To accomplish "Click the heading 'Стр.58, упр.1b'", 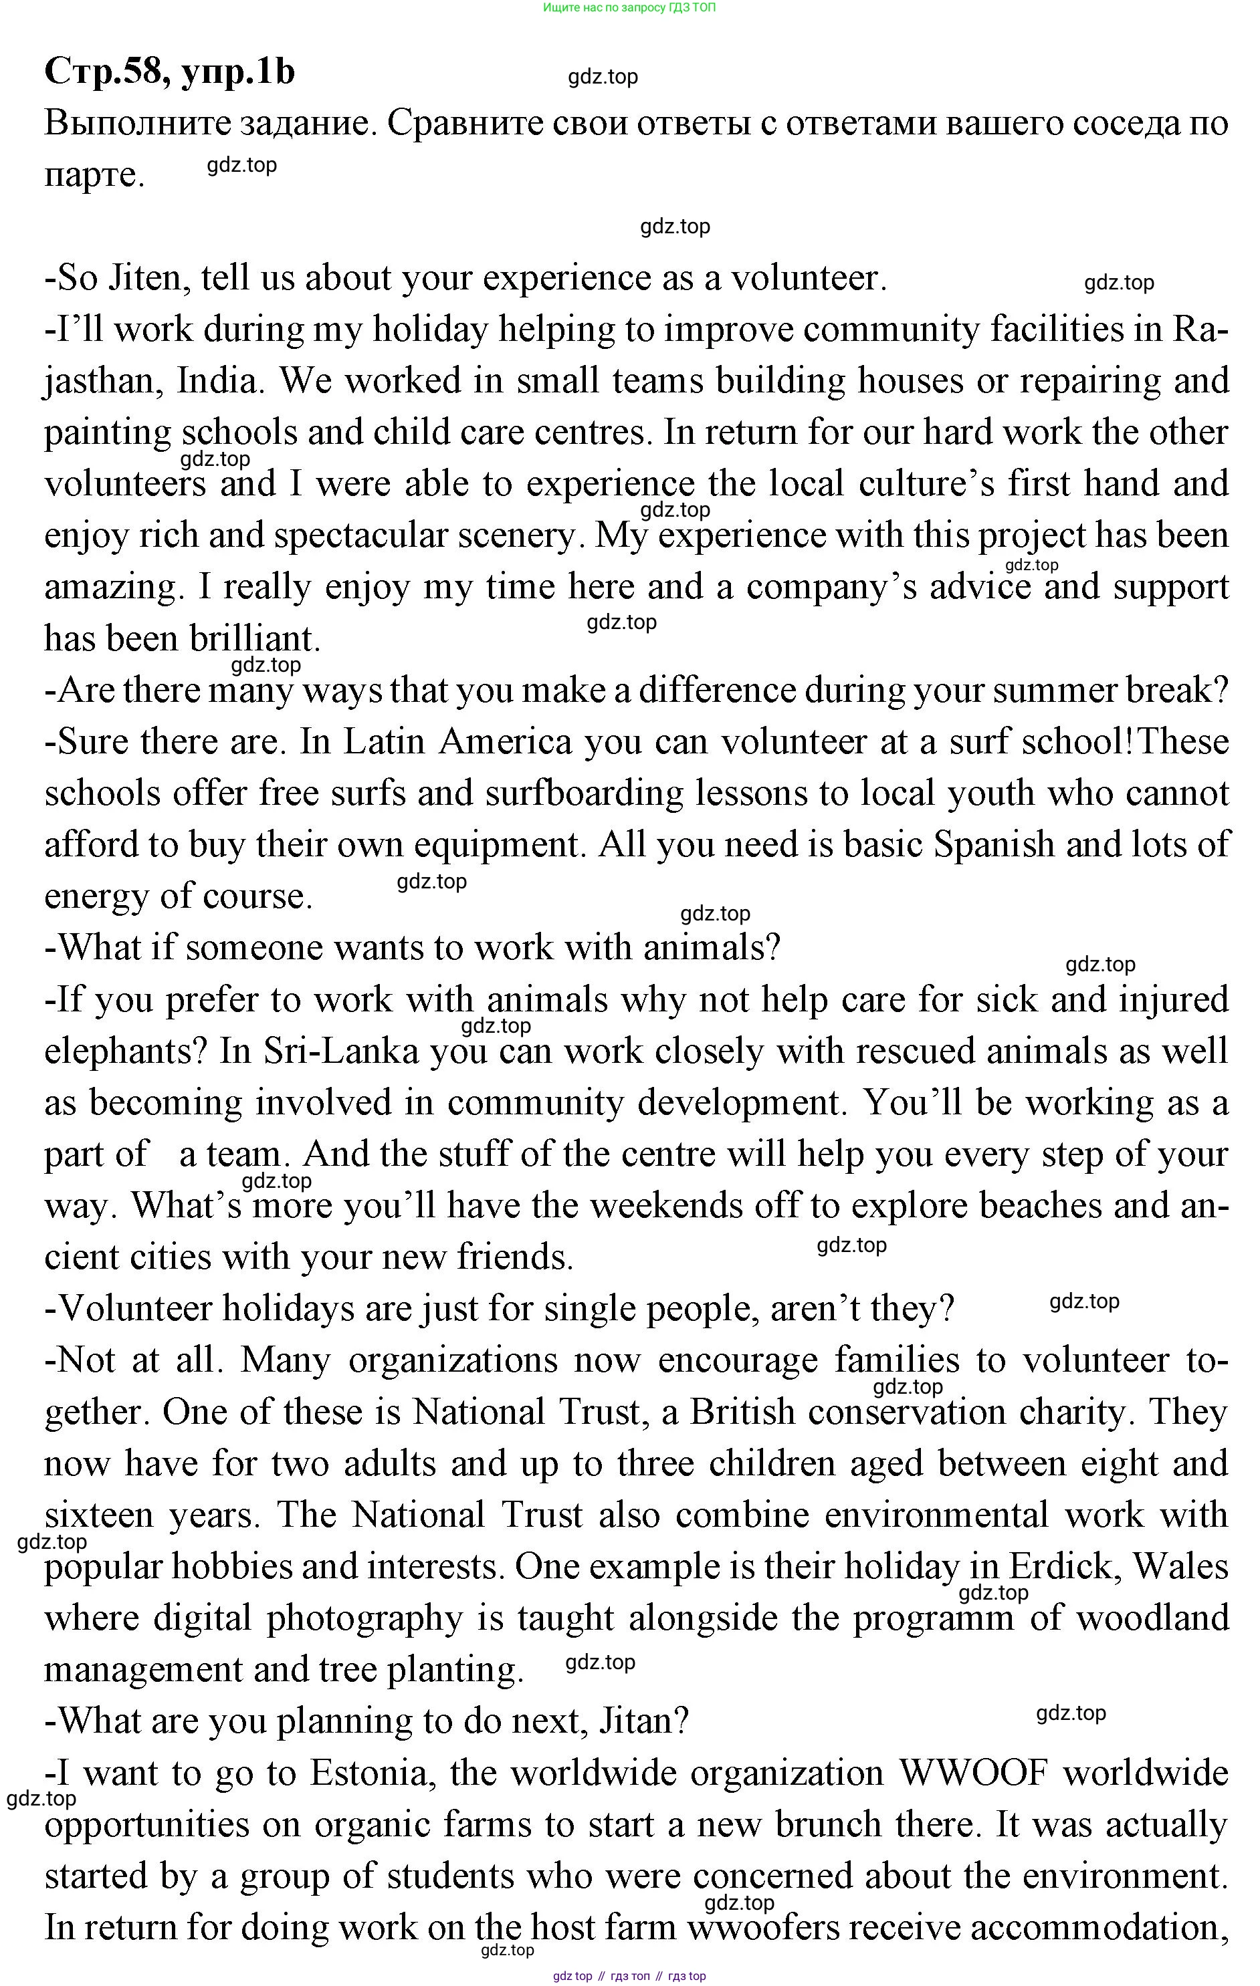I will pos(169,72).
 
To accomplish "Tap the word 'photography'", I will pos(364,1619).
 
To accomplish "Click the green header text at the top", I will pos(629,7).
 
